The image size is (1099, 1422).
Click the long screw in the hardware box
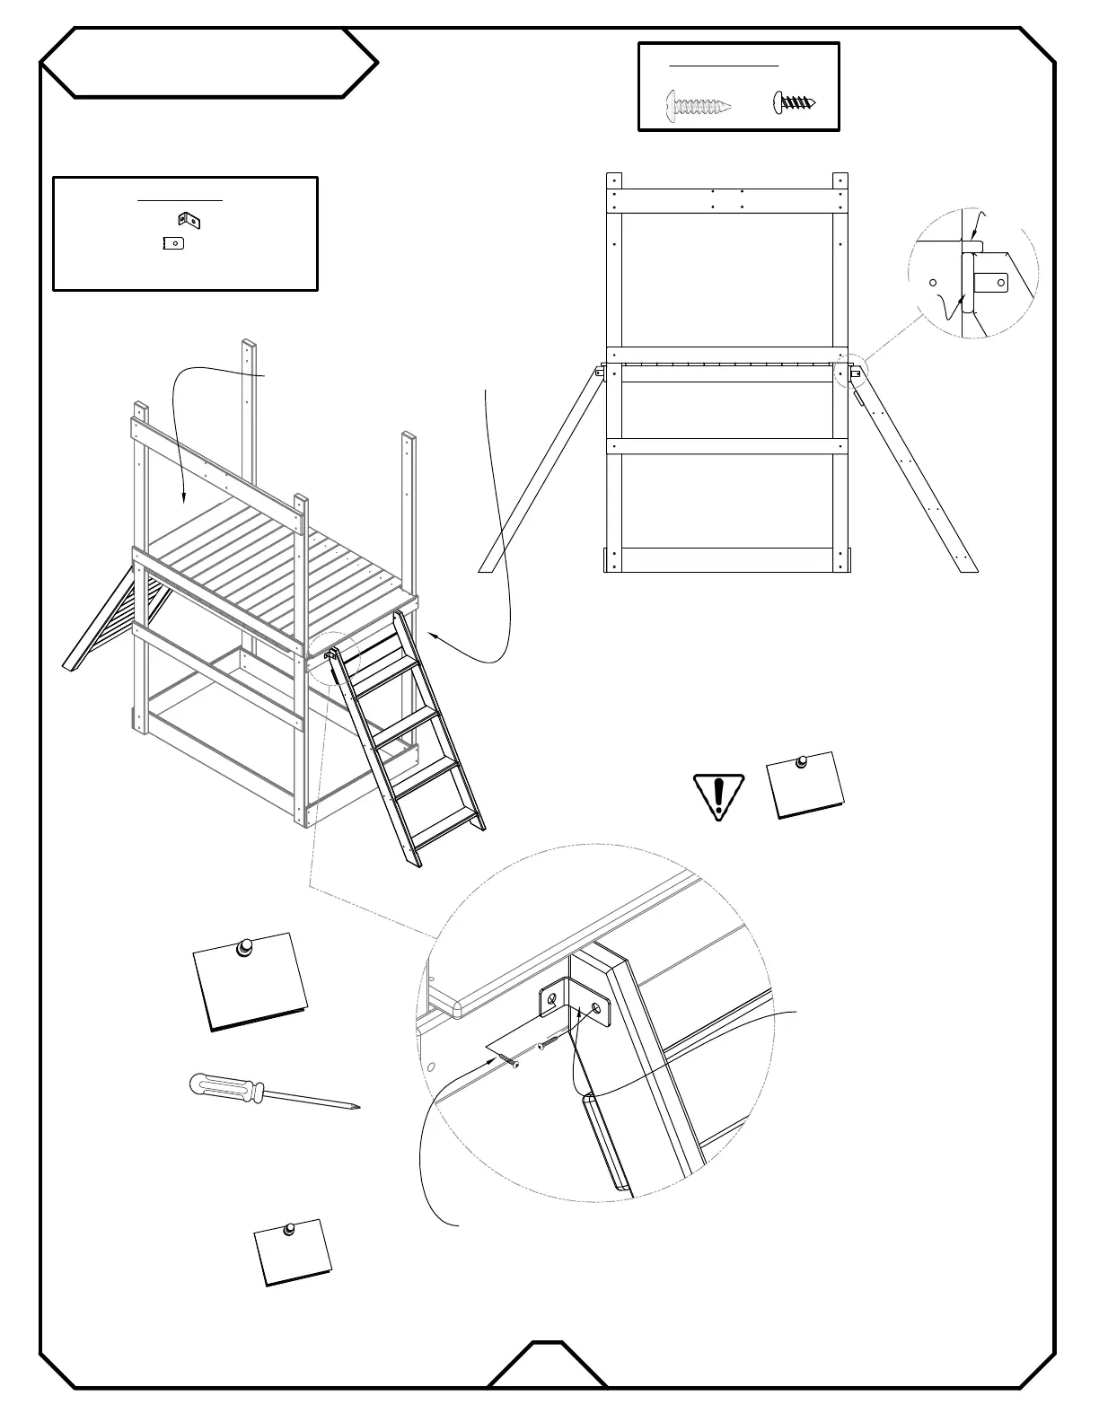[x=698, y=105]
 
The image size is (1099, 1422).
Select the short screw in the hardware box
[x=795, y=102]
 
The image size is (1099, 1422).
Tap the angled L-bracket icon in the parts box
[x=189, y=220]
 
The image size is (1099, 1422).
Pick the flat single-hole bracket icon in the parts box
[x=173, y=242]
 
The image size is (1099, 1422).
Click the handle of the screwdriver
[x=224, y=1087]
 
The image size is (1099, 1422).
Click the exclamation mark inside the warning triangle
[x=718, y=794]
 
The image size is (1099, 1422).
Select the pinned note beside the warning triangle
[x=806, y=785]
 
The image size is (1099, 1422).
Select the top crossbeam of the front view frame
[x=726, y=201]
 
